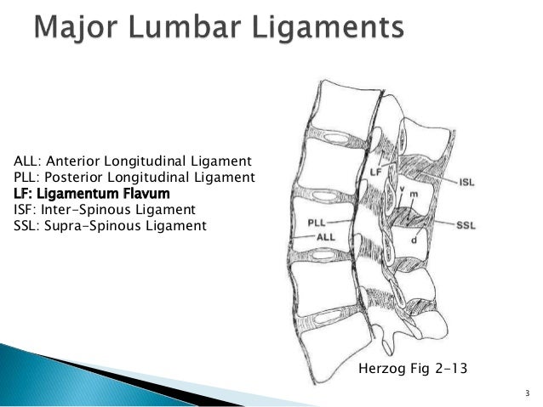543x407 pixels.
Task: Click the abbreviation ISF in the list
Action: (26, 208)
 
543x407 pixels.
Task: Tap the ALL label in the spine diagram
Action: (324, 238)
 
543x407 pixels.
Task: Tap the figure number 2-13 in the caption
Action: (453, 370)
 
